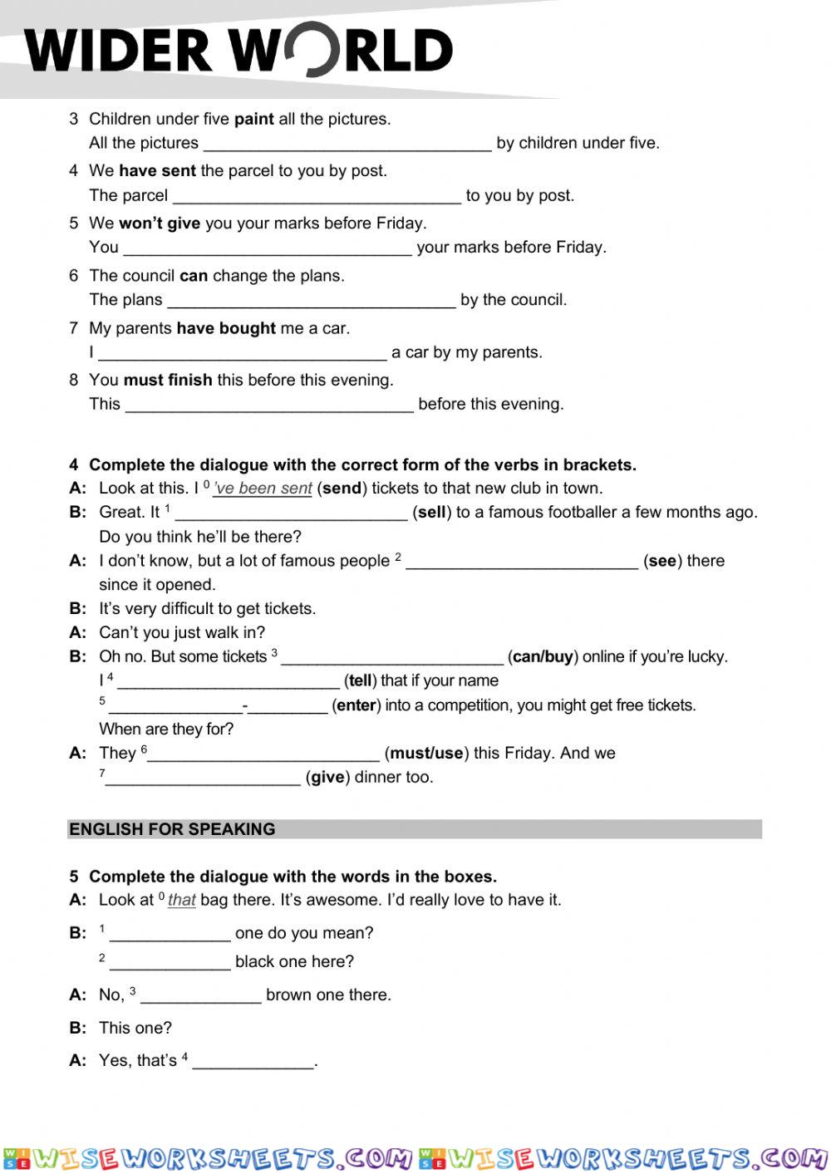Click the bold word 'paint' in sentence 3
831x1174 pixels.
coord(253,119)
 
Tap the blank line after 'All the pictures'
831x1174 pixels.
coord(347,145)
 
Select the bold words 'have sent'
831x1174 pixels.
coord(157,171)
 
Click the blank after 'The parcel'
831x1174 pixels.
coord(317,197)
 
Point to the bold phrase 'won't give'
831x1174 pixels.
coord(160,224)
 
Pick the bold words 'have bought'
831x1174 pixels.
coord(226,328)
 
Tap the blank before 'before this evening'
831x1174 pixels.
coord(269,405)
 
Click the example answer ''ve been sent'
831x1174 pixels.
coord(263,489)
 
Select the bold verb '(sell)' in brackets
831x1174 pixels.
coord(431,513)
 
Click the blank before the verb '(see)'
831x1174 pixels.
coord(522,562)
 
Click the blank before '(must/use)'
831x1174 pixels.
coord(263,754)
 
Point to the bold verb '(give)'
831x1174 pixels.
coord(327,778)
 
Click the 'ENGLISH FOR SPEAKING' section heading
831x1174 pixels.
coord(172,829)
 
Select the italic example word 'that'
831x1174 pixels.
coord(181,900)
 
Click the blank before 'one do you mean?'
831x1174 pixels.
coord(170,935)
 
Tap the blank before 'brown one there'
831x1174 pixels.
coord(201,996)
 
